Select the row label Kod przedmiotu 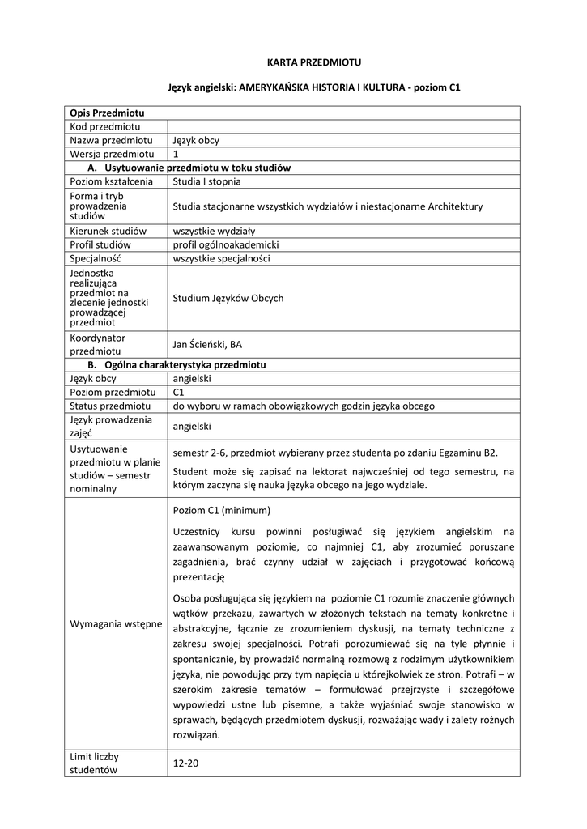tap(105, 126)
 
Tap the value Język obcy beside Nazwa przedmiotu tap(196, 140)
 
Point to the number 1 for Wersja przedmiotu tap(176, 154)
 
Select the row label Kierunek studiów tap(108, 231)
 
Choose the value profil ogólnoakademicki tap(226, 244)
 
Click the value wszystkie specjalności tap(221, 258)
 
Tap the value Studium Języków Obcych tap(228, 298)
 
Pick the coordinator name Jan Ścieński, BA tap(207, 344)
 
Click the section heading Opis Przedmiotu tap(107, 113)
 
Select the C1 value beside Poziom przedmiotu tap(179, 392)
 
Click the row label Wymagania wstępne tap(116, 624)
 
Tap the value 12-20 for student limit tap(186, 763)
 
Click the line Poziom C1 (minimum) tap(222, 511)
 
